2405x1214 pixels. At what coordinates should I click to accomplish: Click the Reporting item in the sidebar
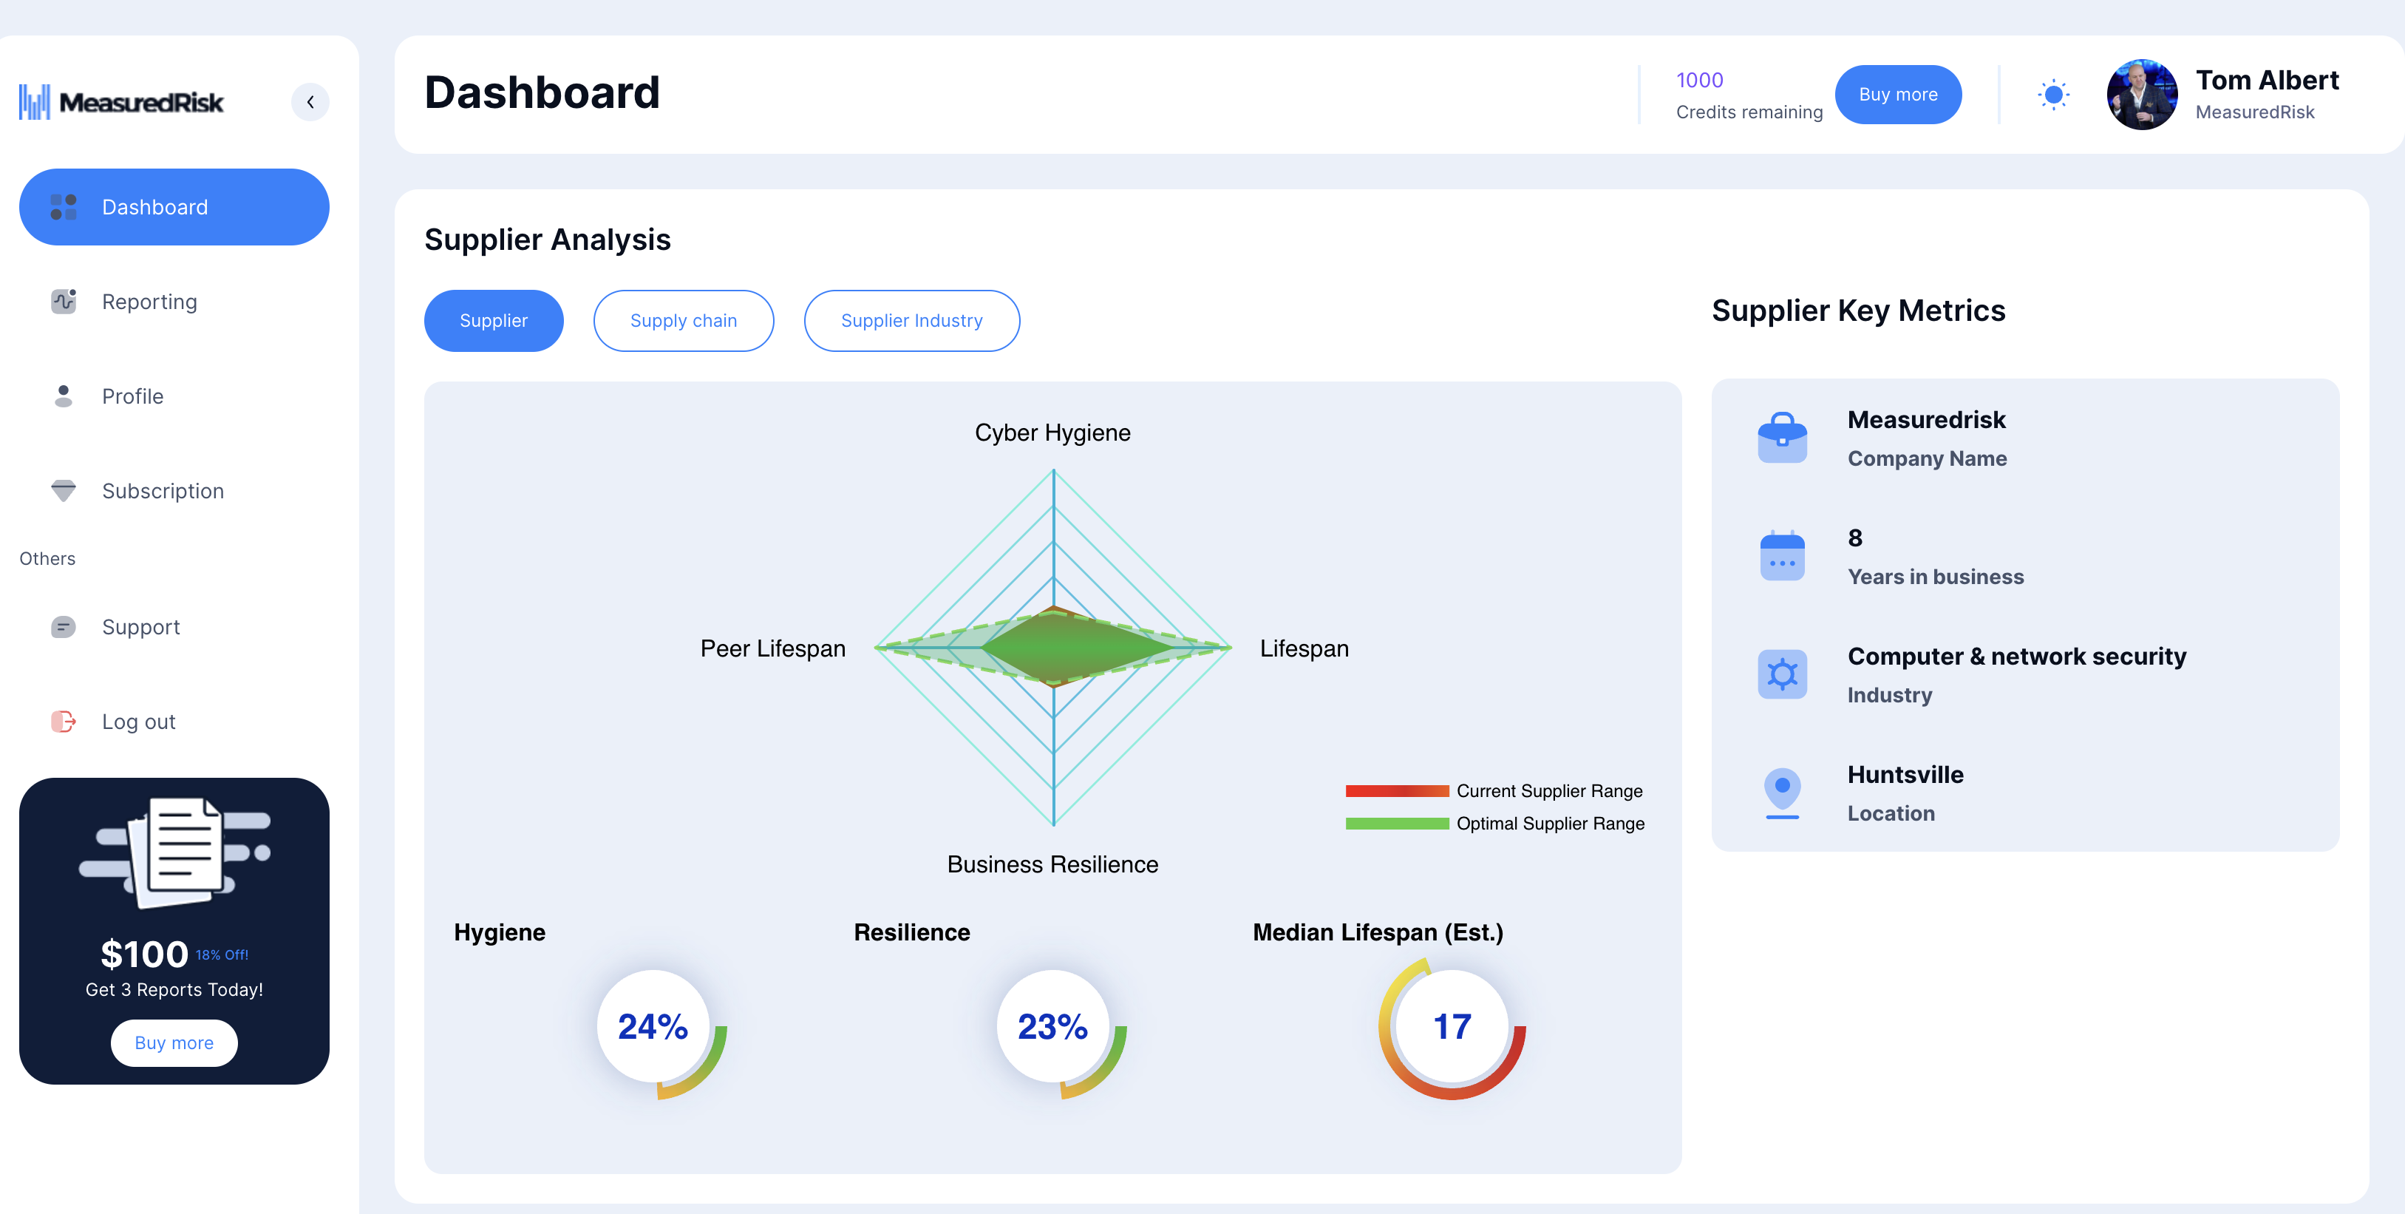[x=149, y=302]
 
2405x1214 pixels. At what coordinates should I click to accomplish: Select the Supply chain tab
[x=684, y=320]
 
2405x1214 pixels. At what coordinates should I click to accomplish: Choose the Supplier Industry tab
[x=911, y=320]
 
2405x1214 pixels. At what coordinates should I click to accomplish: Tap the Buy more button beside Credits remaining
[x=1897, y=95]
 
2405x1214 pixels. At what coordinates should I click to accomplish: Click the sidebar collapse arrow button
[x=310, y=102]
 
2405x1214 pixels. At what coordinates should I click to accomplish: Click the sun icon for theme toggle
[x=2053, y=95]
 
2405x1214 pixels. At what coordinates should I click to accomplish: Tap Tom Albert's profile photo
[x=2142, y=95]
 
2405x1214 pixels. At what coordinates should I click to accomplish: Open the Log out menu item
[x=138, y=722]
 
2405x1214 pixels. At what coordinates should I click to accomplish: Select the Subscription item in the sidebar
[x=163, y=491]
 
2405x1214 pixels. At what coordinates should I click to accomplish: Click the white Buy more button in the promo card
[x=174, y=1043]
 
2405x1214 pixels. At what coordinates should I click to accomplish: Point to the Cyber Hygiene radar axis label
[x=1052, y=433]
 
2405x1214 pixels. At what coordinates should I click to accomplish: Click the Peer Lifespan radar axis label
[x=772, y=648]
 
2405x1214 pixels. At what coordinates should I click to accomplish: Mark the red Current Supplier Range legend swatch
[x=1397, y=791]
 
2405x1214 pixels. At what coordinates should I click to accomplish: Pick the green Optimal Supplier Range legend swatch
[x=1397, y=824]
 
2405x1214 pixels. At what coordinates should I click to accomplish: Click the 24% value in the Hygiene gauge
[x=653, y=1026]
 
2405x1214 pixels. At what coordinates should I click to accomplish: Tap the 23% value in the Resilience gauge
[x=1052, y=1026]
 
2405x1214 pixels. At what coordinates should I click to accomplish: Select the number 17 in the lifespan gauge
[x=1452, y=1026]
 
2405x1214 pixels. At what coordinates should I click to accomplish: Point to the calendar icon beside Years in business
[x=1781, y=556]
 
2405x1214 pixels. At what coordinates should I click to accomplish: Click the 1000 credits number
[x=1699, y=81]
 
